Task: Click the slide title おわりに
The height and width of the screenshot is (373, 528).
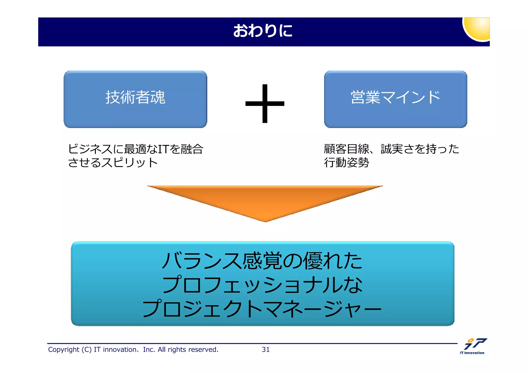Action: (x=263, y=31)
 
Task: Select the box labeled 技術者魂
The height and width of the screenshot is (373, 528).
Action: (x=135, y=99)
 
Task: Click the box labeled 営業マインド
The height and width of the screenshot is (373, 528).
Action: (x=395, y=99)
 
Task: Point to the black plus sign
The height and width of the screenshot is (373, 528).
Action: (x=265, y=104)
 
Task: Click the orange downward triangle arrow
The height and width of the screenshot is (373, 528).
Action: (x=265, y=201)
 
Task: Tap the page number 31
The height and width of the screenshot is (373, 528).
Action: (x=266, y=350)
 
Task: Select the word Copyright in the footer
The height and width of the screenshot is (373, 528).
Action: (x=63, y=350)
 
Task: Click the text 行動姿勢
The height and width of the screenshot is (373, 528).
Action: (x=346, y=163)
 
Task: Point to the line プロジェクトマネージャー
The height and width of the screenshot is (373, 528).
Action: (x=262, y=308)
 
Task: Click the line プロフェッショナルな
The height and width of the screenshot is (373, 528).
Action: (x=262, y=285)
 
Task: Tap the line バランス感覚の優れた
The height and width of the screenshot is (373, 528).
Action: (x=262, y=261)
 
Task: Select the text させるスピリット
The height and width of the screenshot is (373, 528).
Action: (x=113, y=163)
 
